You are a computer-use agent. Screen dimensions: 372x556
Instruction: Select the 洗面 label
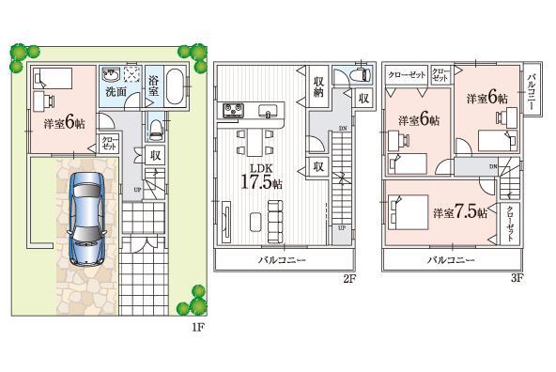point(116,92)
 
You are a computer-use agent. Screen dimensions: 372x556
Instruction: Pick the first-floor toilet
point(157,126)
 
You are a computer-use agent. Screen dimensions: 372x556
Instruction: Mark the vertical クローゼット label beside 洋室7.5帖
point(510,224)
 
